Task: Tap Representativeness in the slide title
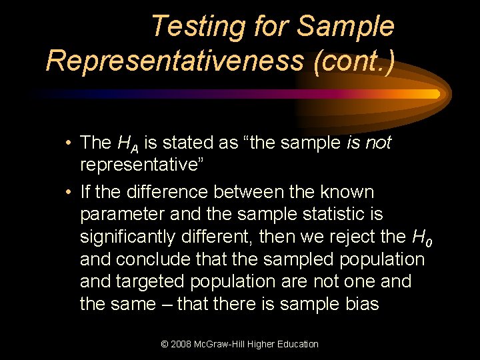click(175, 60)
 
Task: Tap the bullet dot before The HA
click(69, 143)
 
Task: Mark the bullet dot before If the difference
click(69, 193)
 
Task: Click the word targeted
click(151, 281)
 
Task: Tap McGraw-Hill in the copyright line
click(223, 344)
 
